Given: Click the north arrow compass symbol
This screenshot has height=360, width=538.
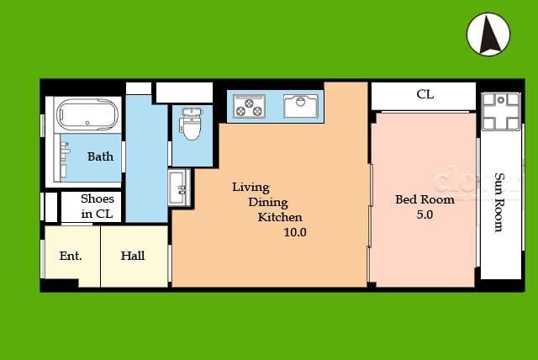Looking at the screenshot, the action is pyautogui.click(x=488, y=34).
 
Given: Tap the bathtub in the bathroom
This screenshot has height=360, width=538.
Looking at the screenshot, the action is pyautogui.click(x=87, y=114).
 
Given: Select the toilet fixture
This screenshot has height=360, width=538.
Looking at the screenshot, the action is pyautogui.click(x=191, y=124).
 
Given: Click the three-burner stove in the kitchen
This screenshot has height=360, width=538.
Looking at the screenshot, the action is pyautogui.click(x=249, y=106).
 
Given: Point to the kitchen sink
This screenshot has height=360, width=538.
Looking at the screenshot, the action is pyautogui.click(x=301, y=106).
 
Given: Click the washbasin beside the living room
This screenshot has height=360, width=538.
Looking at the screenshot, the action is pyautogui.click(x=179, y=188).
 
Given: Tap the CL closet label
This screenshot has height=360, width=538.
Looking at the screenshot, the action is pyautogui.click(x=425, y=94).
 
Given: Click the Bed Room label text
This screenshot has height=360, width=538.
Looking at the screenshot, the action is pyautogui.click(x=425, y=199).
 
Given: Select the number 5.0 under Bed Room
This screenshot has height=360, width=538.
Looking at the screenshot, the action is pyautogui.click(x=425, y=214).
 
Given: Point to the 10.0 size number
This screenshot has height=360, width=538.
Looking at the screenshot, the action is pyautogui.click(x=295, y=232).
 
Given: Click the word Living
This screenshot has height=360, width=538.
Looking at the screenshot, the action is pyautogui.click(x=251, y=188).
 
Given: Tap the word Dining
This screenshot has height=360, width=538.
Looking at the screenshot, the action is pyautogui.click(x=268, y=203).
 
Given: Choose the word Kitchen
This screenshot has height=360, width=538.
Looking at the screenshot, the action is pyautogui.click(x=280, y=217).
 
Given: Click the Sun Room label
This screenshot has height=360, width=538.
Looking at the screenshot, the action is pyautogui.click(x=499, y=203).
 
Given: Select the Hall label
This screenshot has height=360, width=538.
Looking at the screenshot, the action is pyautogui.click(x=133, y=256).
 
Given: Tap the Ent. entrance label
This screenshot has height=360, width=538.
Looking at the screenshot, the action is pyautogui.click(x=71, y=256).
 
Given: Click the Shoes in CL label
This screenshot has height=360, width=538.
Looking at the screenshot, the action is pyautogui.click(x=98, y=206).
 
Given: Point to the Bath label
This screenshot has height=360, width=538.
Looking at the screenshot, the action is pyautogui.click(x=100, y=156).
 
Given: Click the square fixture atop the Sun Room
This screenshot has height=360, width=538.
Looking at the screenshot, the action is pyautogui.click(x=501, y=112).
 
